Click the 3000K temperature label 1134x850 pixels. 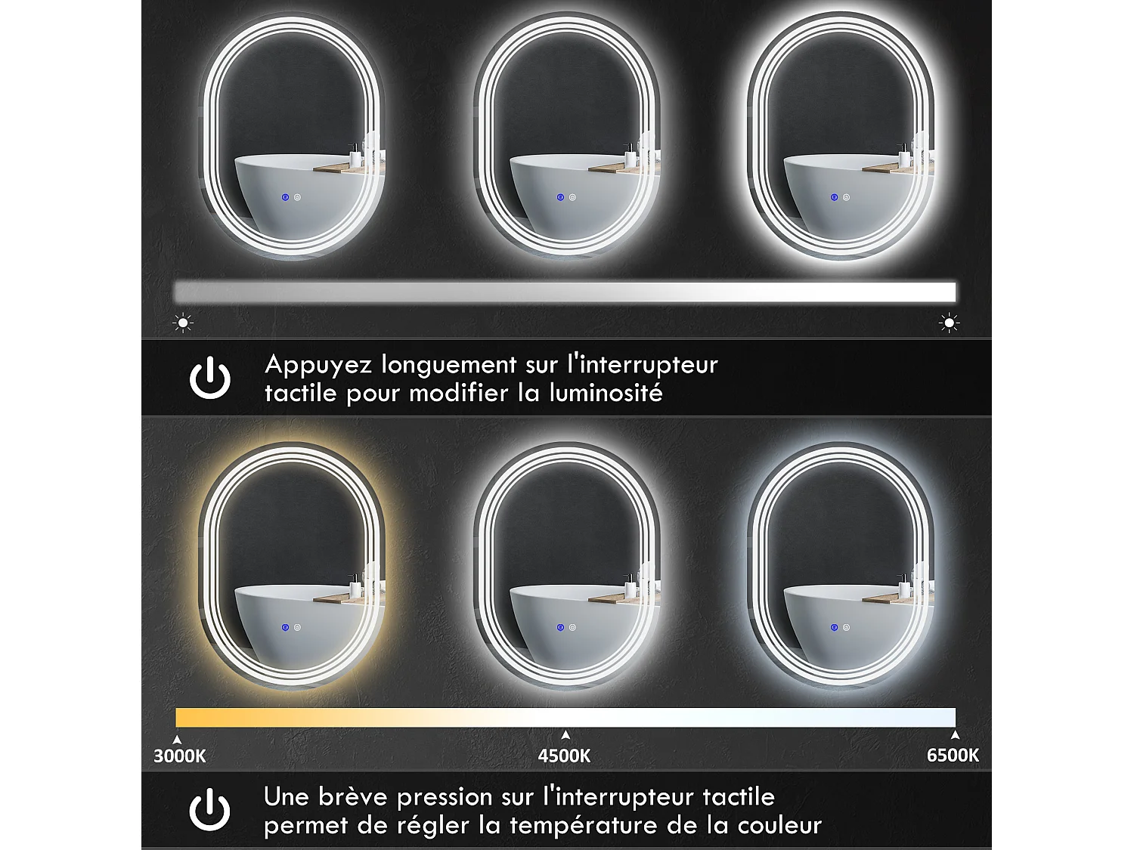tap(180, 756)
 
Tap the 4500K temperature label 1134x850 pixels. tap(564, 756)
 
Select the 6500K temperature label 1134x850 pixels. tap(953, 755)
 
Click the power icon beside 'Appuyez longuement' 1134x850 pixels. tap(210, 378)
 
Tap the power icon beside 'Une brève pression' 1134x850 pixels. tap(209, 809)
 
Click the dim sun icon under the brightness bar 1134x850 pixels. tap(183, 323)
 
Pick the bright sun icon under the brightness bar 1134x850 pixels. tap(949, 323)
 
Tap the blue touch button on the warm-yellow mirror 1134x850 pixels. tap(286, 627)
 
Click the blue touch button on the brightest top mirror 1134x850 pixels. tap(834, 197)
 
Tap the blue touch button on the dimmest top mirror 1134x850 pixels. tap(286, 197)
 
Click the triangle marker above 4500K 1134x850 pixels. tap(565, 734)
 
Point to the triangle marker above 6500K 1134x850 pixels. tap(955, 734)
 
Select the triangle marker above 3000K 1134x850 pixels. tap(178, 740)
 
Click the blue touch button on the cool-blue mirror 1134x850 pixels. tap(834, 627)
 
